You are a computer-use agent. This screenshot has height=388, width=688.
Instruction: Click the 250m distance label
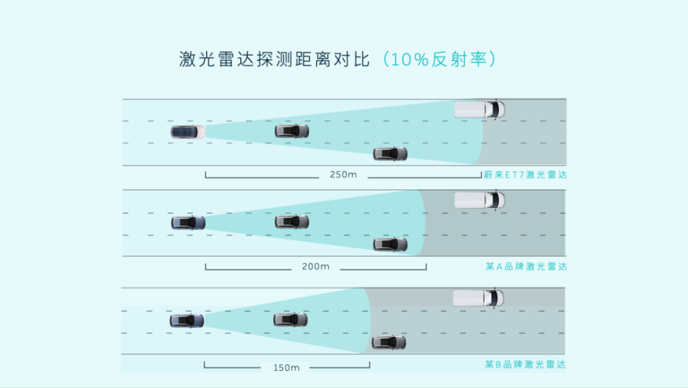[x=343, y=175]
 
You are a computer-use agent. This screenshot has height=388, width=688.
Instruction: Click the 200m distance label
[x=316, y=266]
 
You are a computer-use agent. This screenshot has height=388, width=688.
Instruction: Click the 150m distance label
[x=286, y=367]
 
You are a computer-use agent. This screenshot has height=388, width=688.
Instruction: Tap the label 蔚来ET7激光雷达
[x=525, y=175]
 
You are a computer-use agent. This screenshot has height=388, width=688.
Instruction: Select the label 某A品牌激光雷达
[x=525, y=266]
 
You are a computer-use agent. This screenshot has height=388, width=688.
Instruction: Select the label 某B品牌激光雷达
[x=525, y=365]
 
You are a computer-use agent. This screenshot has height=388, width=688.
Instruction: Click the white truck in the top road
[x=480, y=109]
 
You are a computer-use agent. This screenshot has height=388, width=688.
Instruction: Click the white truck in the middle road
[x=480, y=200]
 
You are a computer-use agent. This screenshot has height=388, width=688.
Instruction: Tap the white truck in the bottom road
[x=478, y=298]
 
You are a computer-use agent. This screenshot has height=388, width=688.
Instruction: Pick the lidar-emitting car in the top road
[x=188, y=131]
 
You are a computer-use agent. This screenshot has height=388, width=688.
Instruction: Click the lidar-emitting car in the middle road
[x=188, y=223]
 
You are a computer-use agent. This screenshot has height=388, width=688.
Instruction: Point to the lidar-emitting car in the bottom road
[x=186, y=320]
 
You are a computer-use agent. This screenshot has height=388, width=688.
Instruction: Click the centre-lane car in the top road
[x=292, y=131]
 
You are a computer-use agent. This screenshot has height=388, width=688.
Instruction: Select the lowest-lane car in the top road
[x=390, y=153]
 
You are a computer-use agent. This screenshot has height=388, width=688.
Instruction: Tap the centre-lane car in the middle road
[x=292, y=222]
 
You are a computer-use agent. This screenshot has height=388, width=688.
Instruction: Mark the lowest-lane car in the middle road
[x=390, y=244]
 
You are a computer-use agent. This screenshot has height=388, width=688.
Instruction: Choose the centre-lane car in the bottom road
[x=290, y=320]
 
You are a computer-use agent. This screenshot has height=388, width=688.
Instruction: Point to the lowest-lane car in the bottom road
[x=389, y=342]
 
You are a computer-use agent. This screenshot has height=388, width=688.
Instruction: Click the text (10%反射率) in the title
[x=439, y=59]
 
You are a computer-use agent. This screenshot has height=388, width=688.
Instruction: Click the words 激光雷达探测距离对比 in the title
[x=275, y=59]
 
